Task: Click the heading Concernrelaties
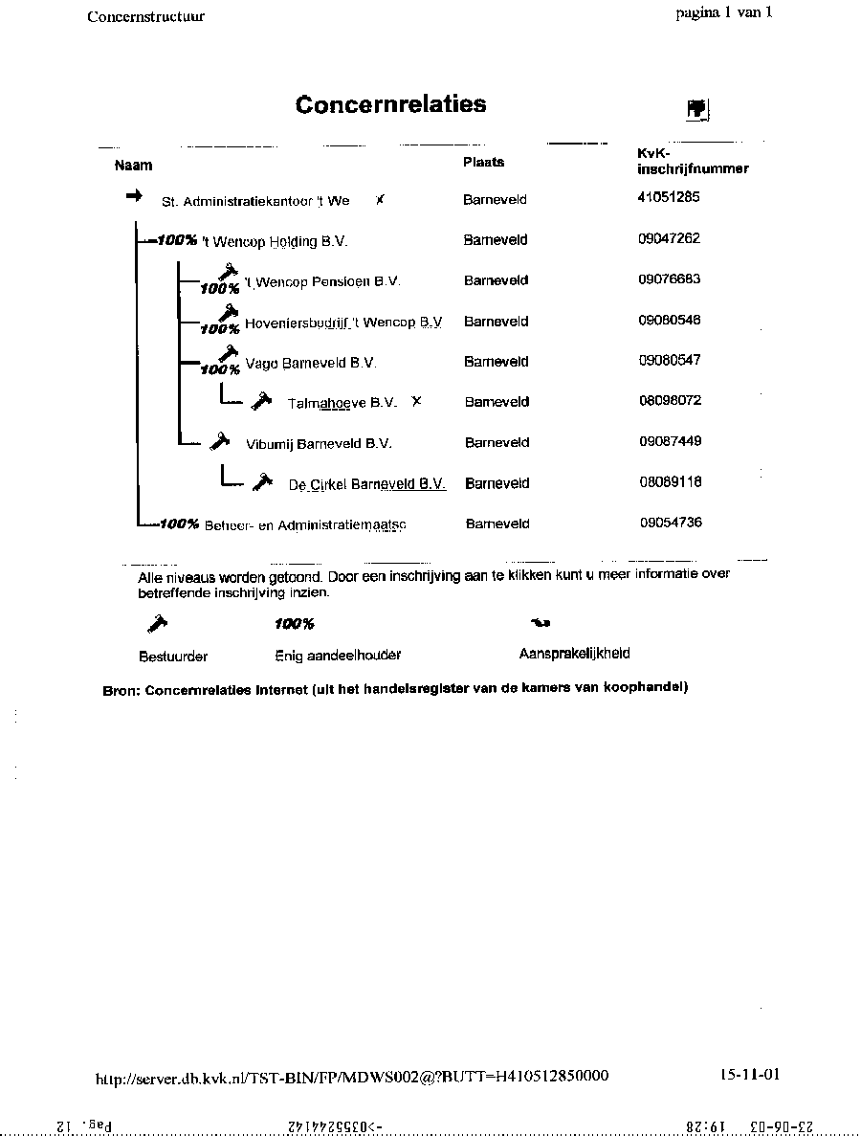click(390, 104)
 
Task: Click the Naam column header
click(133, 165)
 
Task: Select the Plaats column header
click(483, 162)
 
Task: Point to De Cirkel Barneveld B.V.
click(367, 484)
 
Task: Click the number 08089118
click(670, 482)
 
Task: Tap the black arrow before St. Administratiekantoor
click(134, 195)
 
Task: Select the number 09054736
click(672, 523)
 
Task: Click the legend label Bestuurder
click(173, 657)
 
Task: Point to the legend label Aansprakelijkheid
click(574, 654)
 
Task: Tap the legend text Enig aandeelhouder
click(338, 656)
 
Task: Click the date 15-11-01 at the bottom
click(750, 1074)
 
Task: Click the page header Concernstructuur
click(145, 16)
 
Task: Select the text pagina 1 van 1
click(723, 12)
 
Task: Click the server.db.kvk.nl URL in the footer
click(352, 1077)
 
